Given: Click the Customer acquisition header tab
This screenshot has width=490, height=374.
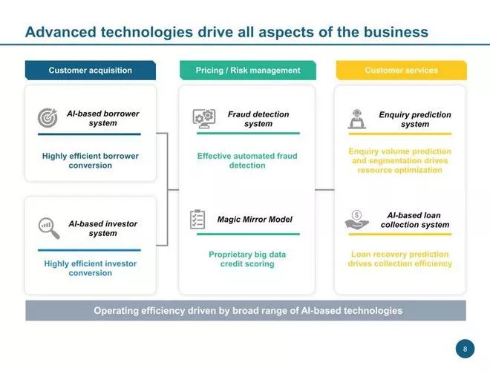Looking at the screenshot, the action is pos(91,70).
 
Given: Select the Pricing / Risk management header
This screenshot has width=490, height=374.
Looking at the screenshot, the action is pos(248,70).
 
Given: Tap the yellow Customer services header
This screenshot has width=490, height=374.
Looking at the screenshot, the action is pos(401,70).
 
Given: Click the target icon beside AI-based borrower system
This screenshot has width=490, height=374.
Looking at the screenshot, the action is pos(48,118).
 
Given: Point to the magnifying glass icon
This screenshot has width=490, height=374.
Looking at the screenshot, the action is pos(49,228).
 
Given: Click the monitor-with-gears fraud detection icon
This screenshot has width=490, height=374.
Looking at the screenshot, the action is pos(204,119).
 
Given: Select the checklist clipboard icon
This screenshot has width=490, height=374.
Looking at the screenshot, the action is pos(197,219).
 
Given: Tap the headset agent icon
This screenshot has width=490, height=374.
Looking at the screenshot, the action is pos(357,119).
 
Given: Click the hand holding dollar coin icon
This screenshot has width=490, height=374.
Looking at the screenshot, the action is pos(356,220).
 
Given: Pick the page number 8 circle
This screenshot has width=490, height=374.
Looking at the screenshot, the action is pos(465,349).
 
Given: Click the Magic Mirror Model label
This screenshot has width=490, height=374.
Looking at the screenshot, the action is pos(255,220).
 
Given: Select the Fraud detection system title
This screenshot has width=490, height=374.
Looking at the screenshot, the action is pos(258,119).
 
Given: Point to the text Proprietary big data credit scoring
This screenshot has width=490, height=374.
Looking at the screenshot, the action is pos(247,259).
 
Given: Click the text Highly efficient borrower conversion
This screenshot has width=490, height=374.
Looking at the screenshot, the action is pos(91,160).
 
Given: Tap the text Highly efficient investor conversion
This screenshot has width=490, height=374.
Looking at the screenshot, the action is pos(91,268).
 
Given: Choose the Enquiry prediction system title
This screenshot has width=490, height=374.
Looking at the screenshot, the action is pos(415,119).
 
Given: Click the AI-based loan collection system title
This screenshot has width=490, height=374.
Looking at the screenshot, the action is pos(415,220).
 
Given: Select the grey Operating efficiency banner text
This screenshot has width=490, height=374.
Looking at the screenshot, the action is pos(248,311).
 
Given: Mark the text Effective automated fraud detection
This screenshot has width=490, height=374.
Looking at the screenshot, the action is pos(247,160).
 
